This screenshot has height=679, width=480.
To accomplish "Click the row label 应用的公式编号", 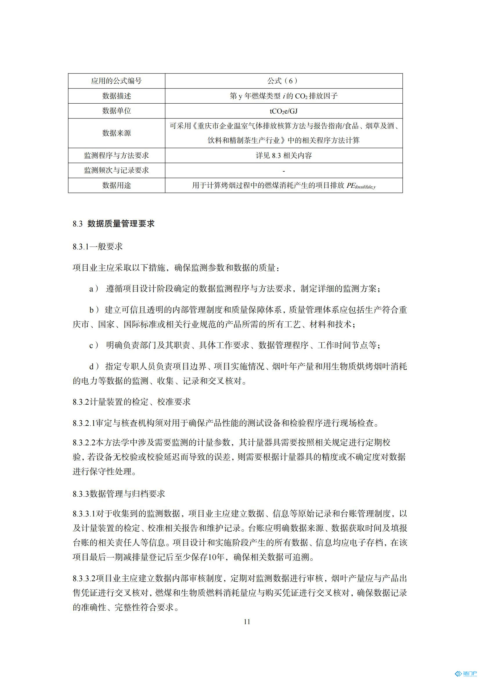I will coord(116,81).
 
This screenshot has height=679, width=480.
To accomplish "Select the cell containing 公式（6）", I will coord(284,81).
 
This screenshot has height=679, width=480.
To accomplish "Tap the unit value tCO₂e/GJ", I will coord(284,111).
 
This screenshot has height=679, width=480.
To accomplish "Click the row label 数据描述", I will coord(116,96).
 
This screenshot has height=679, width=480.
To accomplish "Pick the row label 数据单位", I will coord(116,111).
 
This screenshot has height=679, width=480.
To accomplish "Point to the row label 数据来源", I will coord(116,133).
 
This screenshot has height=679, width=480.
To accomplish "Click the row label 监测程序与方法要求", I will coord(116,155).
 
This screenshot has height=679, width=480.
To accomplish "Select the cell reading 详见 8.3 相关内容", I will coord(284,156).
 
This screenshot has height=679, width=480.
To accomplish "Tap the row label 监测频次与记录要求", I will coord(116,170).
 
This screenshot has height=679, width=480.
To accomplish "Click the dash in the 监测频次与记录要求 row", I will coord(284,171).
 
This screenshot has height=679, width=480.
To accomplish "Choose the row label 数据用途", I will coord(116,185).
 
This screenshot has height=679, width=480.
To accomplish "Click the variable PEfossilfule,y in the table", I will coord(361,186).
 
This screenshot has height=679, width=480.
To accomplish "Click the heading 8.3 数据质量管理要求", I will coord(114,224).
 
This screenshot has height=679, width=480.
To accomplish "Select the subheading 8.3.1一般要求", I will coord(98,246).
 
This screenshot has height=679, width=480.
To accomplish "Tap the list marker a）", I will coord(94,289).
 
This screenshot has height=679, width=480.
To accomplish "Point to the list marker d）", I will coord(94,367).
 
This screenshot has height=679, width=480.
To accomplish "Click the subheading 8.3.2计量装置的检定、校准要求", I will coord(131,401).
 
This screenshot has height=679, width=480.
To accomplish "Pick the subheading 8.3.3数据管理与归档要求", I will coord(119,494).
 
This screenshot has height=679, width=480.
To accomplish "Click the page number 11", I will coord(247,622).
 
